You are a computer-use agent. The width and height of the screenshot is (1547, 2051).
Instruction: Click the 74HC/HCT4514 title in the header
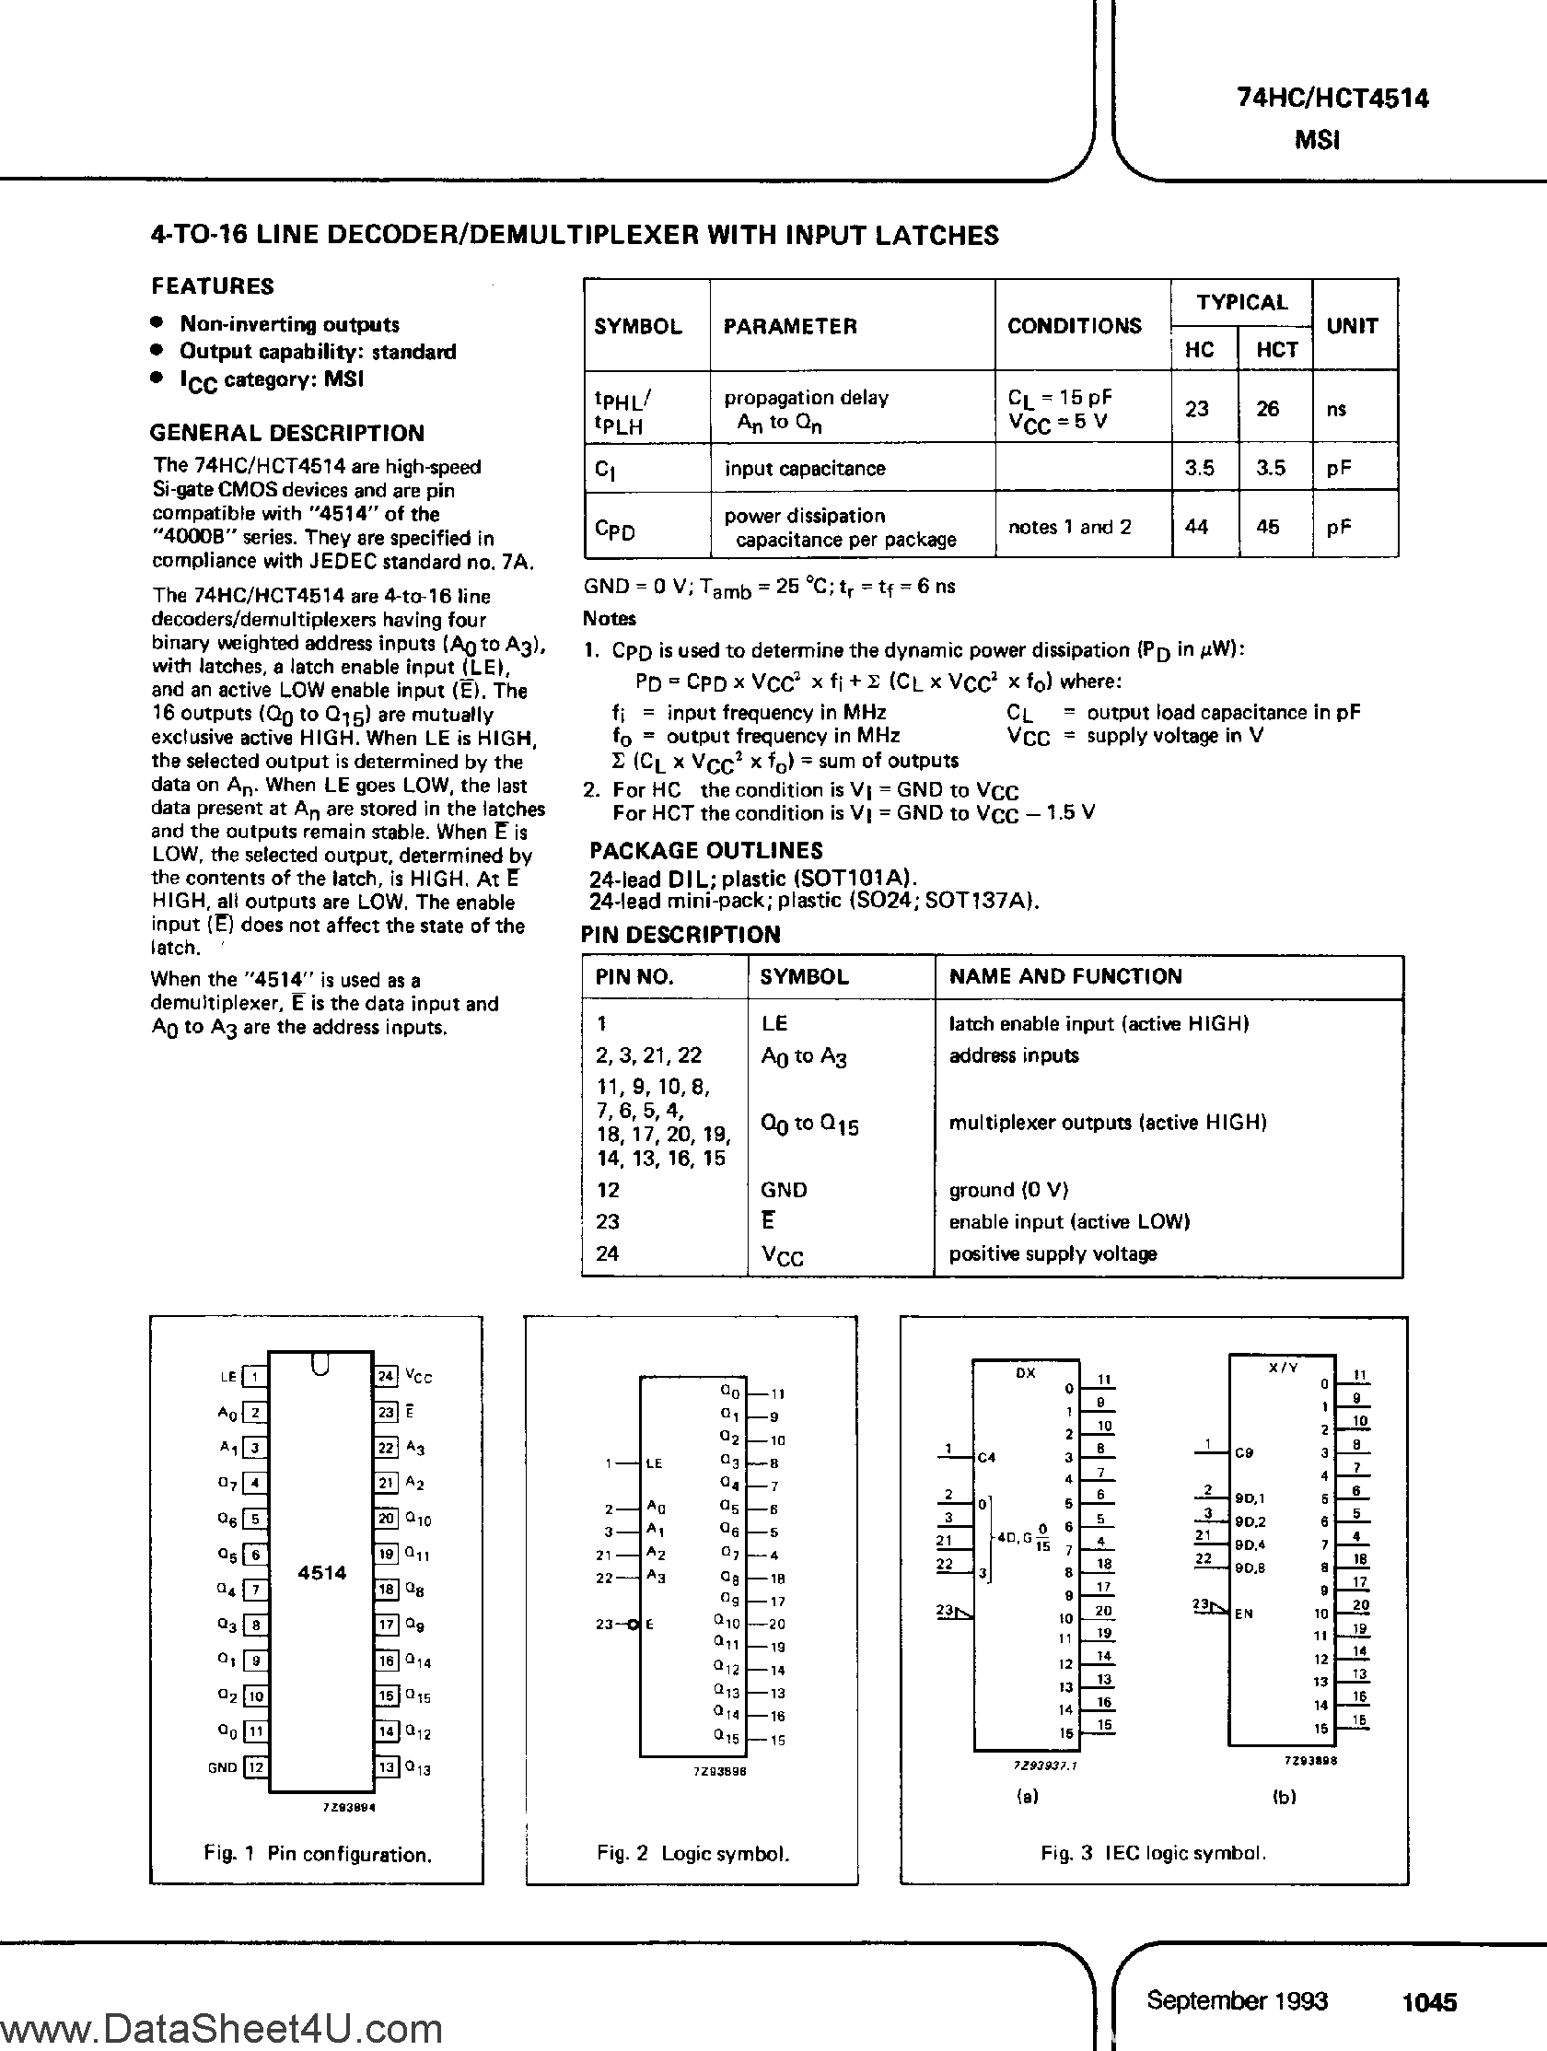tap(1332, 99)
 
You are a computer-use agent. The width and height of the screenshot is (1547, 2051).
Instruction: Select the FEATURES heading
tap(213, 286)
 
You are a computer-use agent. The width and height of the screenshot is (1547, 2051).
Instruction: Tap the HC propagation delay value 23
tap(1197, 409)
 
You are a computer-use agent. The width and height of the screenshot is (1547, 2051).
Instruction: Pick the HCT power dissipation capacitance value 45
tap(1268, 527)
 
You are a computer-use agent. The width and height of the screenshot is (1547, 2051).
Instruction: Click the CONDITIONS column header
tap(1075, 326)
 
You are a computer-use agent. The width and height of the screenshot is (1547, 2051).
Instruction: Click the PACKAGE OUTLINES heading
tap(705, 850)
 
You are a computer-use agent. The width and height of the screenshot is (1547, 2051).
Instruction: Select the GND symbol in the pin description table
tap(784, 1190)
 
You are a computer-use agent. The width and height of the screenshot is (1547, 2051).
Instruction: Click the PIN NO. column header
tap(634, 976)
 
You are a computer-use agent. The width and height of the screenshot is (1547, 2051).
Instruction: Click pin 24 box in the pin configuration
tap(386, 1376)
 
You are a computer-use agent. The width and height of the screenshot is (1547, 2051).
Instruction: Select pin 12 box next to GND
tap(256, 1767)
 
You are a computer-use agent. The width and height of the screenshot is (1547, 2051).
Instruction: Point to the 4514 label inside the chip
tap(321, 1573)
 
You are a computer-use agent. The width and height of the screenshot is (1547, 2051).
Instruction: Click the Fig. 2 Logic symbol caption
tap(692, 1854)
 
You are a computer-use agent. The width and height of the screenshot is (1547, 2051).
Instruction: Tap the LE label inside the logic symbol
tap(654, 1464)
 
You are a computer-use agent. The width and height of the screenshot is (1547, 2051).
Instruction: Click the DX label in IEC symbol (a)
tap(1025, 1373)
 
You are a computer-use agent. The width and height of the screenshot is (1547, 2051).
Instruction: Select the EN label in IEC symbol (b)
tap(1244, 1614)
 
